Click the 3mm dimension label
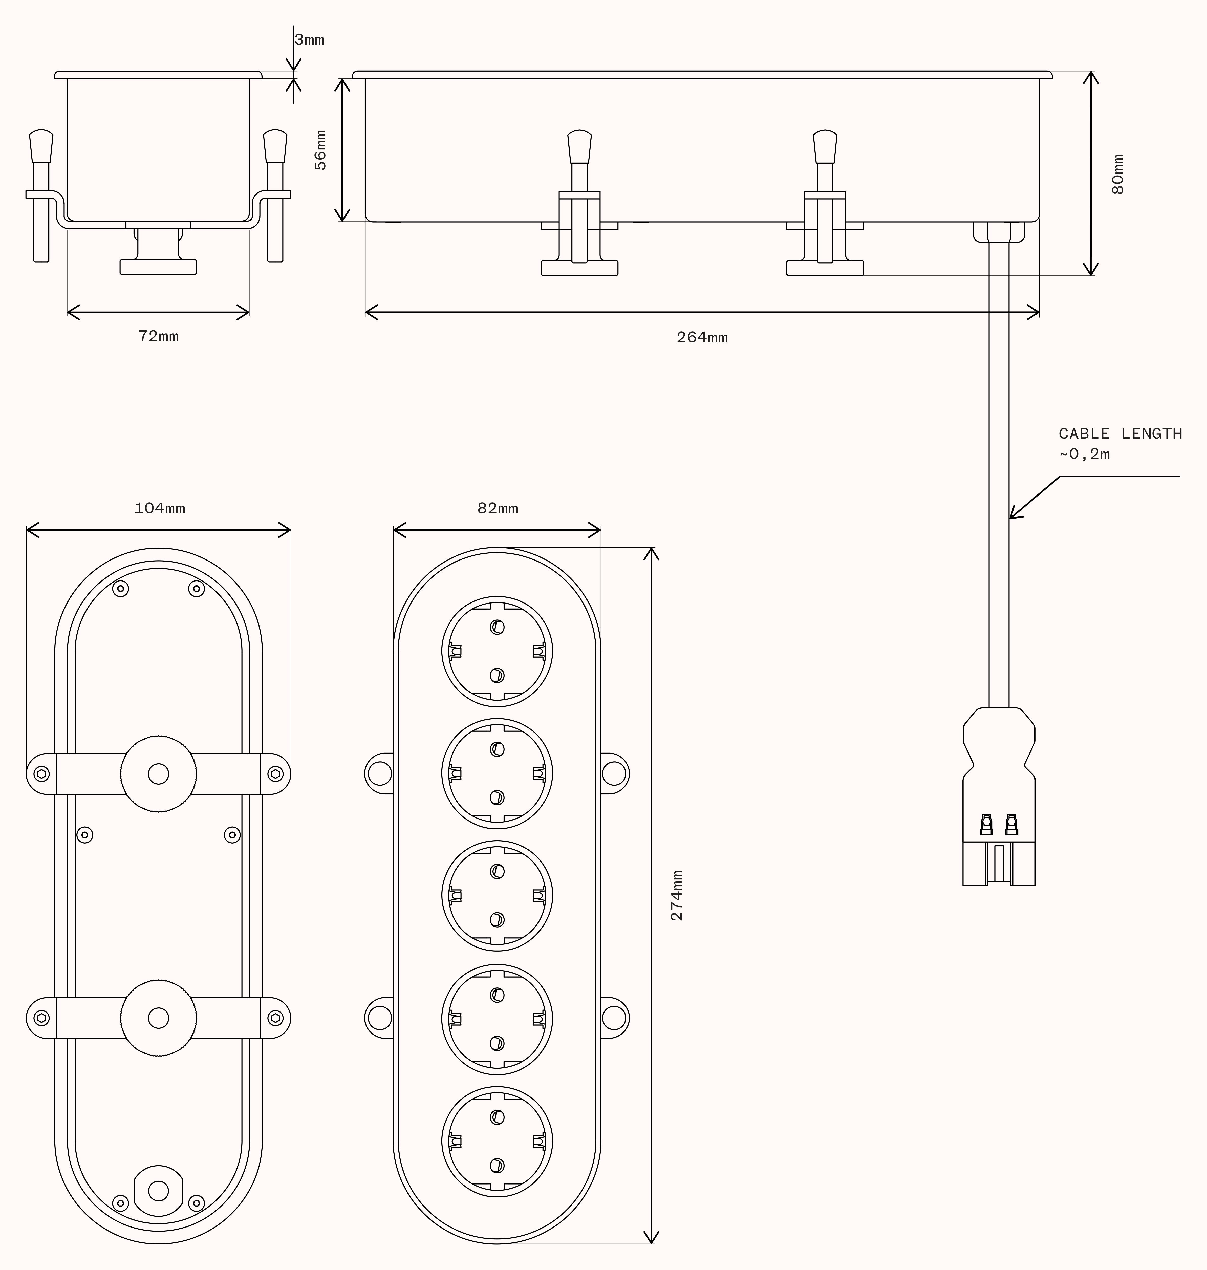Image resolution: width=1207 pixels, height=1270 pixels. (310, 40)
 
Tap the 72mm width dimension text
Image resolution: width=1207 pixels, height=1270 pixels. (158, 336)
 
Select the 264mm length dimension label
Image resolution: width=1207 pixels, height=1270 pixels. (702, 337)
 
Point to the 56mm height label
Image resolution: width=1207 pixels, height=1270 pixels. (320, 150)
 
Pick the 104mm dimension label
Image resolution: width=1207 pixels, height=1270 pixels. (160, 508)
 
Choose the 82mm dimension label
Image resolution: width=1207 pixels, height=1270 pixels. (497, 508)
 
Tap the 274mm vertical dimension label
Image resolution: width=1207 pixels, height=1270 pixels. (677, 896)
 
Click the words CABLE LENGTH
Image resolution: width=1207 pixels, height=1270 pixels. (1120, 434)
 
